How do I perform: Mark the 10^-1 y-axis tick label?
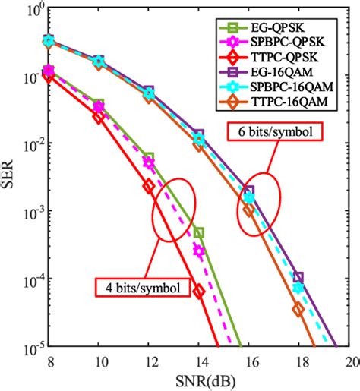(x=29, y=77)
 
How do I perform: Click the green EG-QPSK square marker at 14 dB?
(x=199, y=232)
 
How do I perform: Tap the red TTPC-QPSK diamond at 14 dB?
(x=199, y=291)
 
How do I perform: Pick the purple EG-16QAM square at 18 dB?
(x=298, y=277)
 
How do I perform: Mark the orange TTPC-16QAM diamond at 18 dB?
(x=298, y=309)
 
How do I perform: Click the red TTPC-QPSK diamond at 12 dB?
(x=149, y=185)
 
